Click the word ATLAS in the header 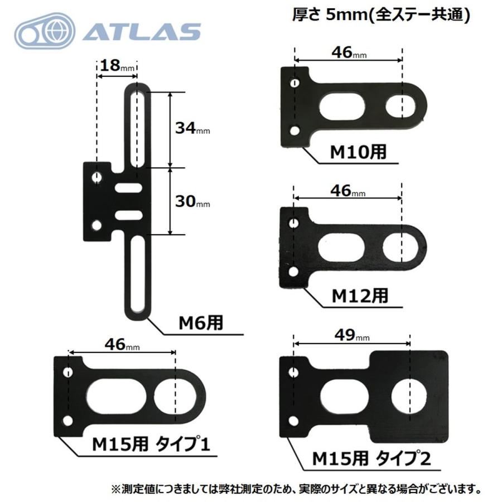click(x=142, y=32)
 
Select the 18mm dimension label click(x=115, y=66)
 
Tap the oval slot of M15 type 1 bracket click(x=116, y=397)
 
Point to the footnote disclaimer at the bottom click(x=296, y=489)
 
